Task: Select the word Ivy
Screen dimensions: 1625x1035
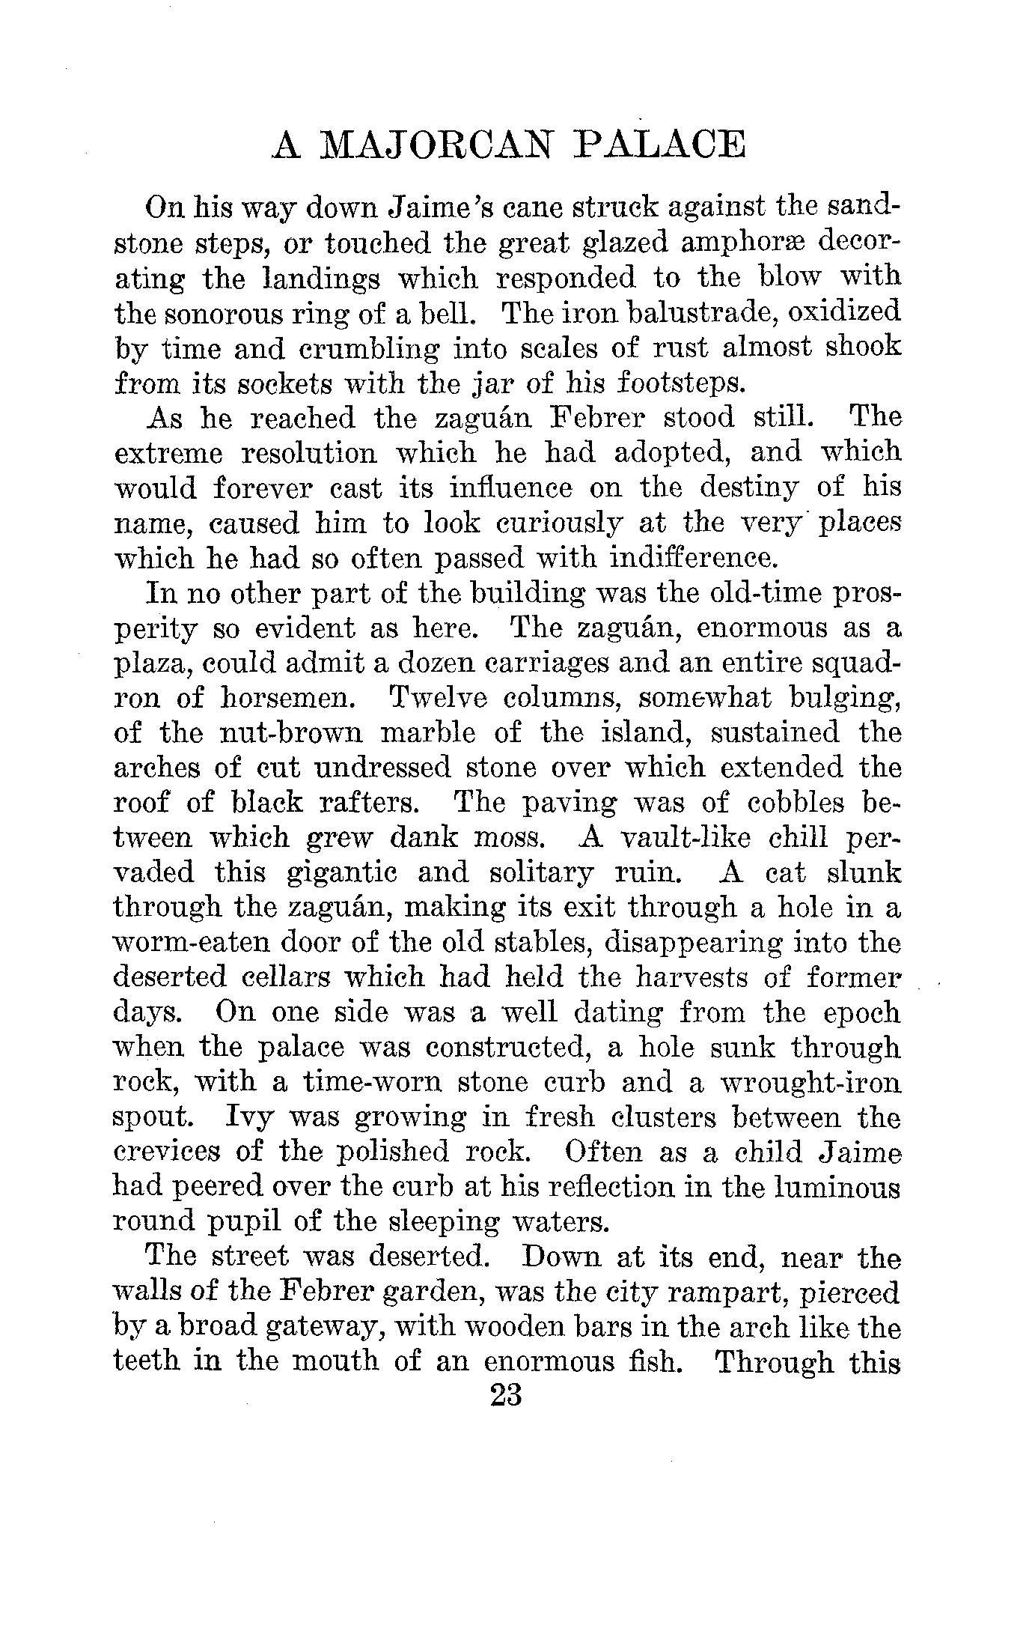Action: pyautogui.click(x=251, y=1117)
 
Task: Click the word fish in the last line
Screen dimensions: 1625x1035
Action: pyautogui.click(x=654, y=1361)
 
